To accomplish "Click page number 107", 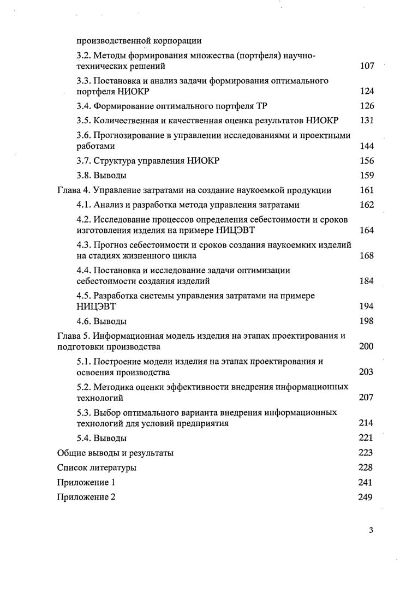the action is (367, 66).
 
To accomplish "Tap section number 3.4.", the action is (83, 105).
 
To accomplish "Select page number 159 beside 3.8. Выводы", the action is (367, 175).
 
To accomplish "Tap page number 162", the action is (367, 205).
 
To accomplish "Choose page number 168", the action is (367, 255).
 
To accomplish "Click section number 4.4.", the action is (83, 270).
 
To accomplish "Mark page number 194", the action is (367, 307).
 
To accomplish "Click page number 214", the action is (367, 423).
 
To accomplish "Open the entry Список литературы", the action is (97, 467).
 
